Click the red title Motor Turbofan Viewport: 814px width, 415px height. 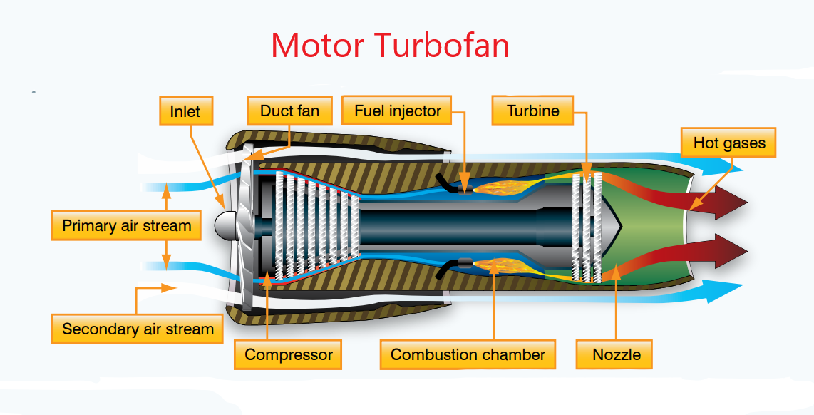point(390,46)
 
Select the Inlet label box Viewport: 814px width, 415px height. point(185,111)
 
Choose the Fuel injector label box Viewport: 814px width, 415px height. point(398,111)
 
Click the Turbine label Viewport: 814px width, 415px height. point(532,111)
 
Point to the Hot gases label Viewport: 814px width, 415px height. point(729,143)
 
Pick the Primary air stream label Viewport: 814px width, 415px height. point(127,226)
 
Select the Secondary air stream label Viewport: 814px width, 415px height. point(138,329)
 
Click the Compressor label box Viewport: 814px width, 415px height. point(289,354)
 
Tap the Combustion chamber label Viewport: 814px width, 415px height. point(468,354)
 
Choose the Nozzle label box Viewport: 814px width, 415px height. point(617,354)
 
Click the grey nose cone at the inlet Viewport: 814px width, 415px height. point(227,225)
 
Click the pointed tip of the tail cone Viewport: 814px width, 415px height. point(622,225)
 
